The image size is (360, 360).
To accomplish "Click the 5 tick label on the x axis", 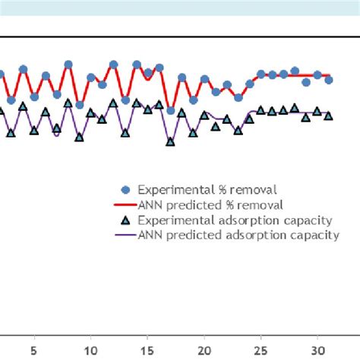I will [x=33, y=351].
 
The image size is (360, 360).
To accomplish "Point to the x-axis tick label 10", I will [x=90, y=351].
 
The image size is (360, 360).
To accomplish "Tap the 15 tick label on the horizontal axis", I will [x=147, y=351].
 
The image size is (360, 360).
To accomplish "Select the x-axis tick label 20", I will [x=204, y=351].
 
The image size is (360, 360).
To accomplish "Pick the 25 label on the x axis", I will [x=261, y=351].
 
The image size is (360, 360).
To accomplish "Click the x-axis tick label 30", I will [x=317, y=351].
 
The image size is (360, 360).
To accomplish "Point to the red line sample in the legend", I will [x=126, y=205].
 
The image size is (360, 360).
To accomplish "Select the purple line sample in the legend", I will [x=126, y=235].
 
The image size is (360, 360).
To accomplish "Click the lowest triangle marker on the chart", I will [x=170, y=141].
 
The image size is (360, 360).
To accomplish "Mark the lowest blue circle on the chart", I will [x=170, y=111].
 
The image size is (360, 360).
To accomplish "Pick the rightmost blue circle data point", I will [x=328, y=79].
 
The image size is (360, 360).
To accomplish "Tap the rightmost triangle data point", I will [x=328, y=115].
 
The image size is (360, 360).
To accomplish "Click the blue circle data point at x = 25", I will [x=261, y=74].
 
